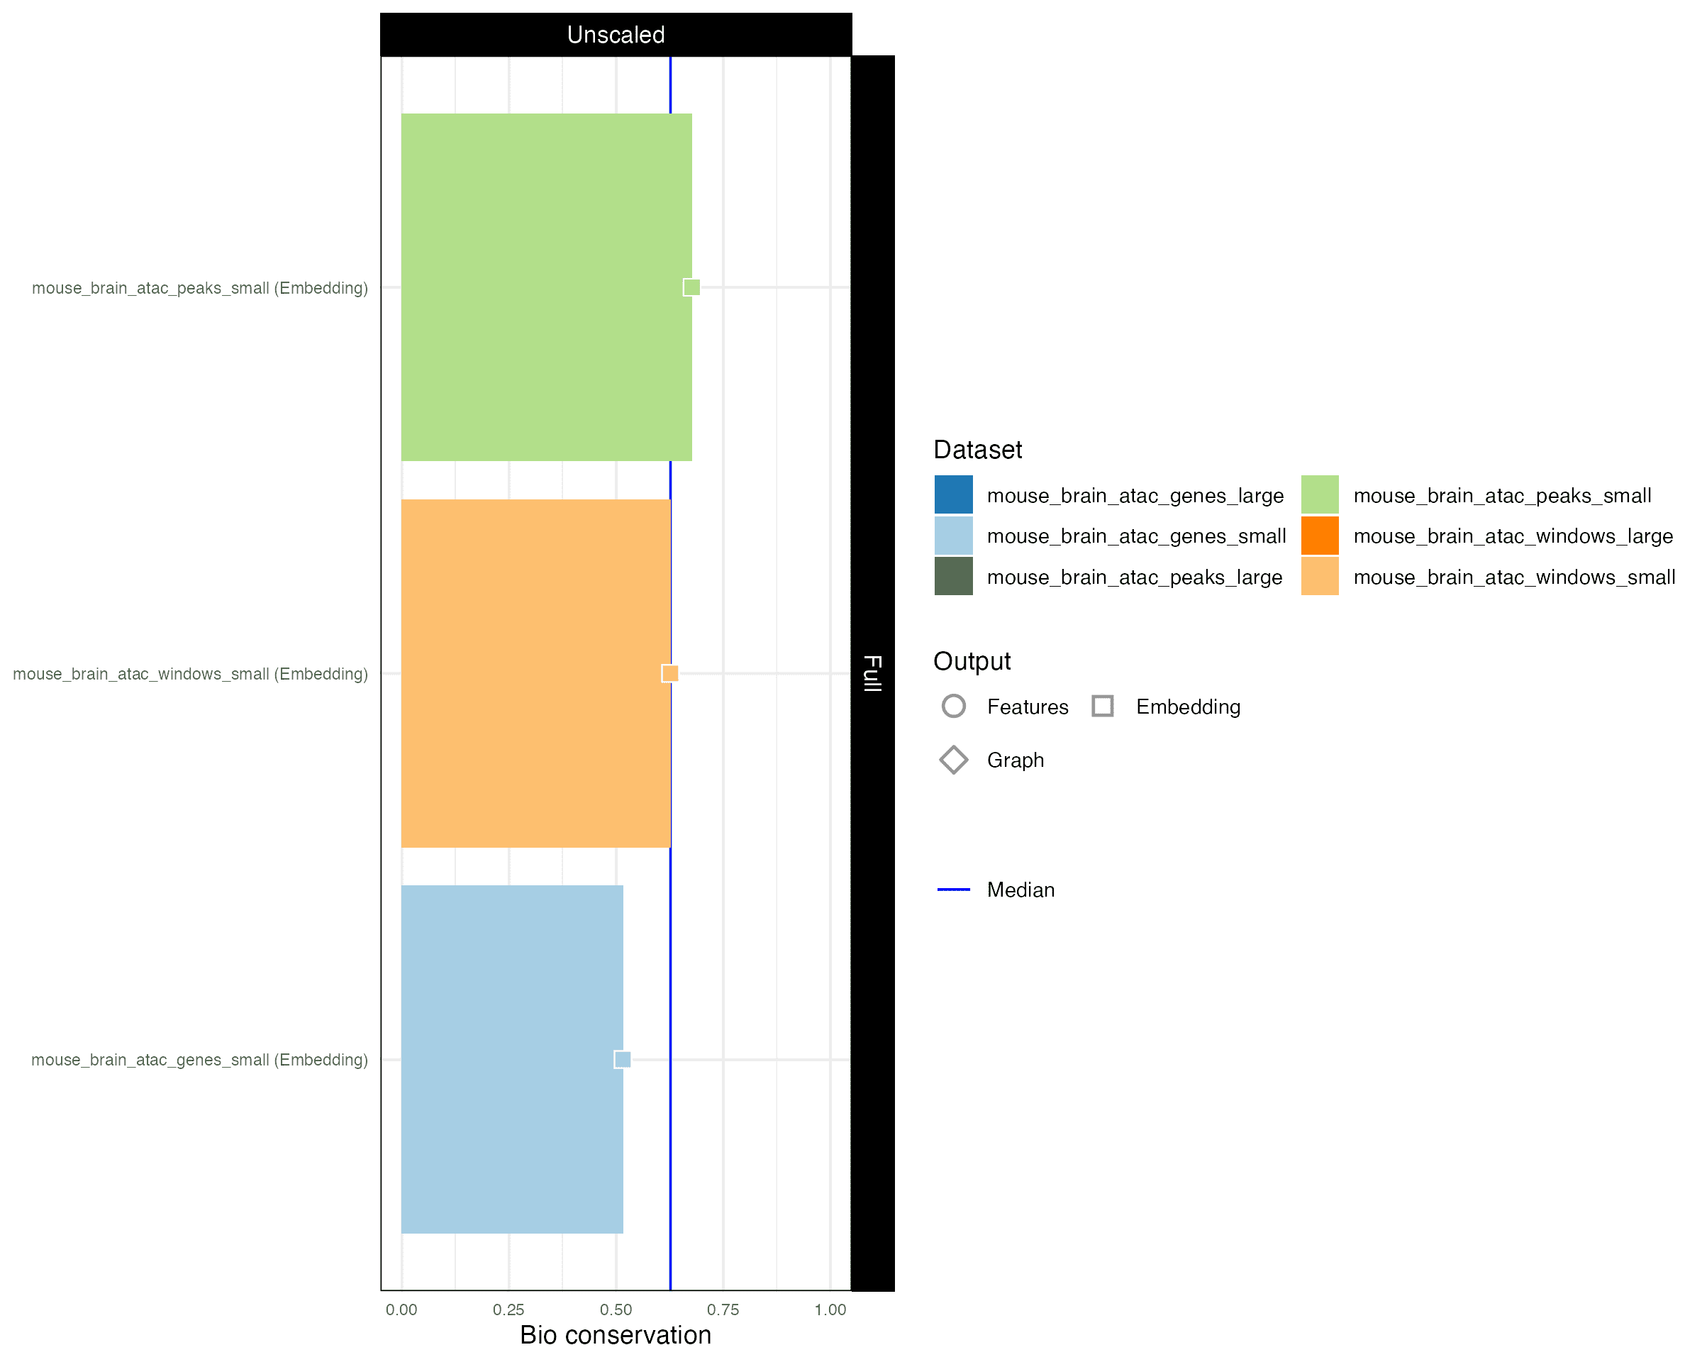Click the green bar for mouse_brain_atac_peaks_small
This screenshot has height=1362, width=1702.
tap(546, 287)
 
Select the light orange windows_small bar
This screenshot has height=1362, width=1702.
tap(536, 673)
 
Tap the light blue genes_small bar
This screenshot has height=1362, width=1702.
tap(512, 1059)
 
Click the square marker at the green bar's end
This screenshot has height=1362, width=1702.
tap(691, 287)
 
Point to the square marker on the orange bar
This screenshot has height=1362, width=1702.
tap(670, 673)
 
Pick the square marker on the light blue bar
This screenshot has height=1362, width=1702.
tap(623, 1060)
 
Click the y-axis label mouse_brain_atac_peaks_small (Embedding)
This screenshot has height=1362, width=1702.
tap(200, 288)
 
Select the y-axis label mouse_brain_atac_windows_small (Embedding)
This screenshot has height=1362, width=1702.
tap(190, 675)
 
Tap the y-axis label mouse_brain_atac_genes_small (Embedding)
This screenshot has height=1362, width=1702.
tap(200, 1061)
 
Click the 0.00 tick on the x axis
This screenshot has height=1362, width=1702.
tap(401, 1310)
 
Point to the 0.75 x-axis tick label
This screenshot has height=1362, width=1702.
tap(723, 1310)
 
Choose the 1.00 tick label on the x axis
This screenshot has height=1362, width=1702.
tap(830, 1310)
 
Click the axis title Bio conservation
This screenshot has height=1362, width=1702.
tap(616, 1335)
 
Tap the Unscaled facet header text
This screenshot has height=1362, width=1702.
tap(616, 35)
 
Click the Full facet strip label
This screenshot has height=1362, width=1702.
tap(872, 673)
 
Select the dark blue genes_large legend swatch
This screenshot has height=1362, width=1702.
tap(954, 495)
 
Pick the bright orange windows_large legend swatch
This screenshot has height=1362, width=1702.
tap(1320, 536)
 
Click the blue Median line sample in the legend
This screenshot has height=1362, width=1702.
tap(954, 890)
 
